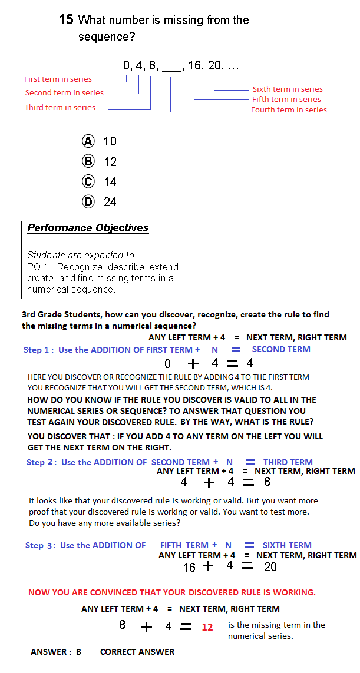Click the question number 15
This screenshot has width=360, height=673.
point(66,19)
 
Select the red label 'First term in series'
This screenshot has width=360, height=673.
point(58,79)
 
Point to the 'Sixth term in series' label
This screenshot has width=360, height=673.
point(288,89)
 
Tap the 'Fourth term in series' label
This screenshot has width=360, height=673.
point(289,110)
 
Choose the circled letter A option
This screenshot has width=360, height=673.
point(88,141)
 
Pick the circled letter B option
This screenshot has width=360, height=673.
point(88,161)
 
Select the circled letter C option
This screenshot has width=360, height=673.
point(88,182)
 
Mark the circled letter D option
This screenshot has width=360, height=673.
point(88,202)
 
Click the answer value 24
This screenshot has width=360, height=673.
point(110,202)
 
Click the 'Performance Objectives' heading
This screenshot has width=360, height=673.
point(88,228)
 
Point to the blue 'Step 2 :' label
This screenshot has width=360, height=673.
point(41,462)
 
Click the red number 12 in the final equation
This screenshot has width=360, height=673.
point(207,627)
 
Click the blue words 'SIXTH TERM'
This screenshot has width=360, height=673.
point(287,545)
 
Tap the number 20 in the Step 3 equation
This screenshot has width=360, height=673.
point(270,567)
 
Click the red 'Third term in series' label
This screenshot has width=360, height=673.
point(60,107)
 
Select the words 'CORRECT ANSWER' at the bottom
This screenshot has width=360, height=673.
point(137,652)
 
